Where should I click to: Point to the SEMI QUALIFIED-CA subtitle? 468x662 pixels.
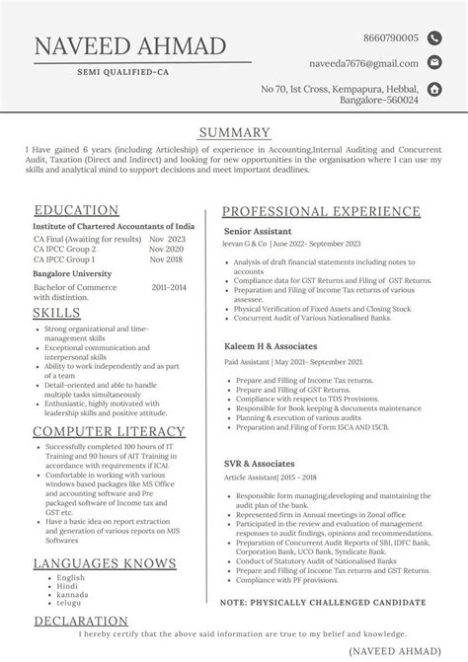128,73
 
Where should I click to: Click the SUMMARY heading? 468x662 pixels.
234,133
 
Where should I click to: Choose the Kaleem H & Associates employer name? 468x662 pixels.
270,347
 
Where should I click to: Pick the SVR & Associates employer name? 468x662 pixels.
259,463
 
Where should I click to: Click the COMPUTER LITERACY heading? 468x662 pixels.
109,431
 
